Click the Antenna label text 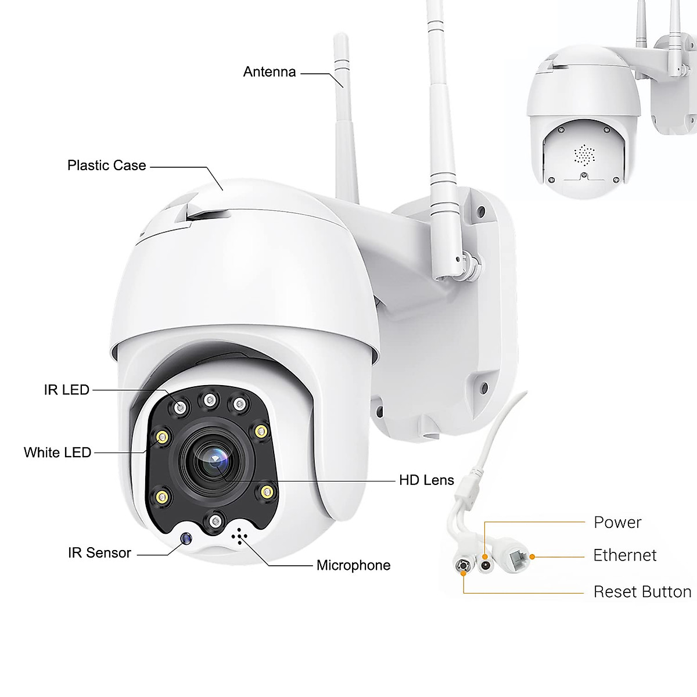(269, 72)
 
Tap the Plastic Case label (106, 166)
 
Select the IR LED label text (67, 390)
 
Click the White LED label (58, 452)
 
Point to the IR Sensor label (99, 553)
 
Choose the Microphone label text (353, 565)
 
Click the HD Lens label (426, 480)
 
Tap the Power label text (617, 522)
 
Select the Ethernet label (624, 555)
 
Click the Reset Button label (642, 592)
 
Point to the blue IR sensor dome (186, 539)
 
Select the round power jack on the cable (484, 561)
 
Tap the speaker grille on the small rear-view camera (584, 154)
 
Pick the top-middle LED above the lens (207, 399)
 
